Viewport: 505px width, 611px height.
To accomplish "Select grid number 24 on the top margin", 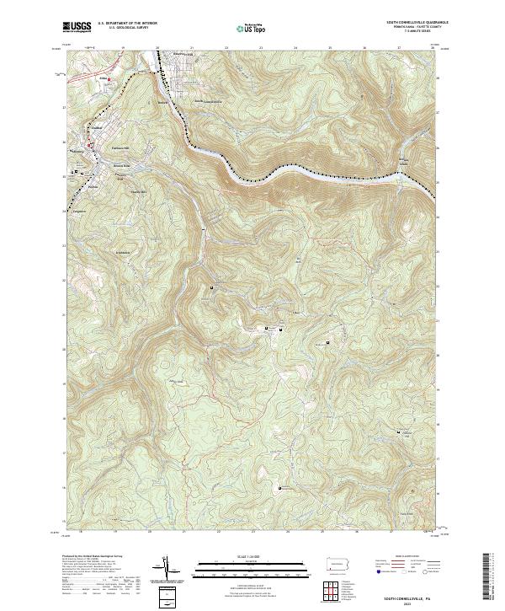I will coord(295,48).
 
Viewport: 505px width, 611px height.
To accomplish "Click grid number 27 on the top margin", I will coord(399,48).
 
